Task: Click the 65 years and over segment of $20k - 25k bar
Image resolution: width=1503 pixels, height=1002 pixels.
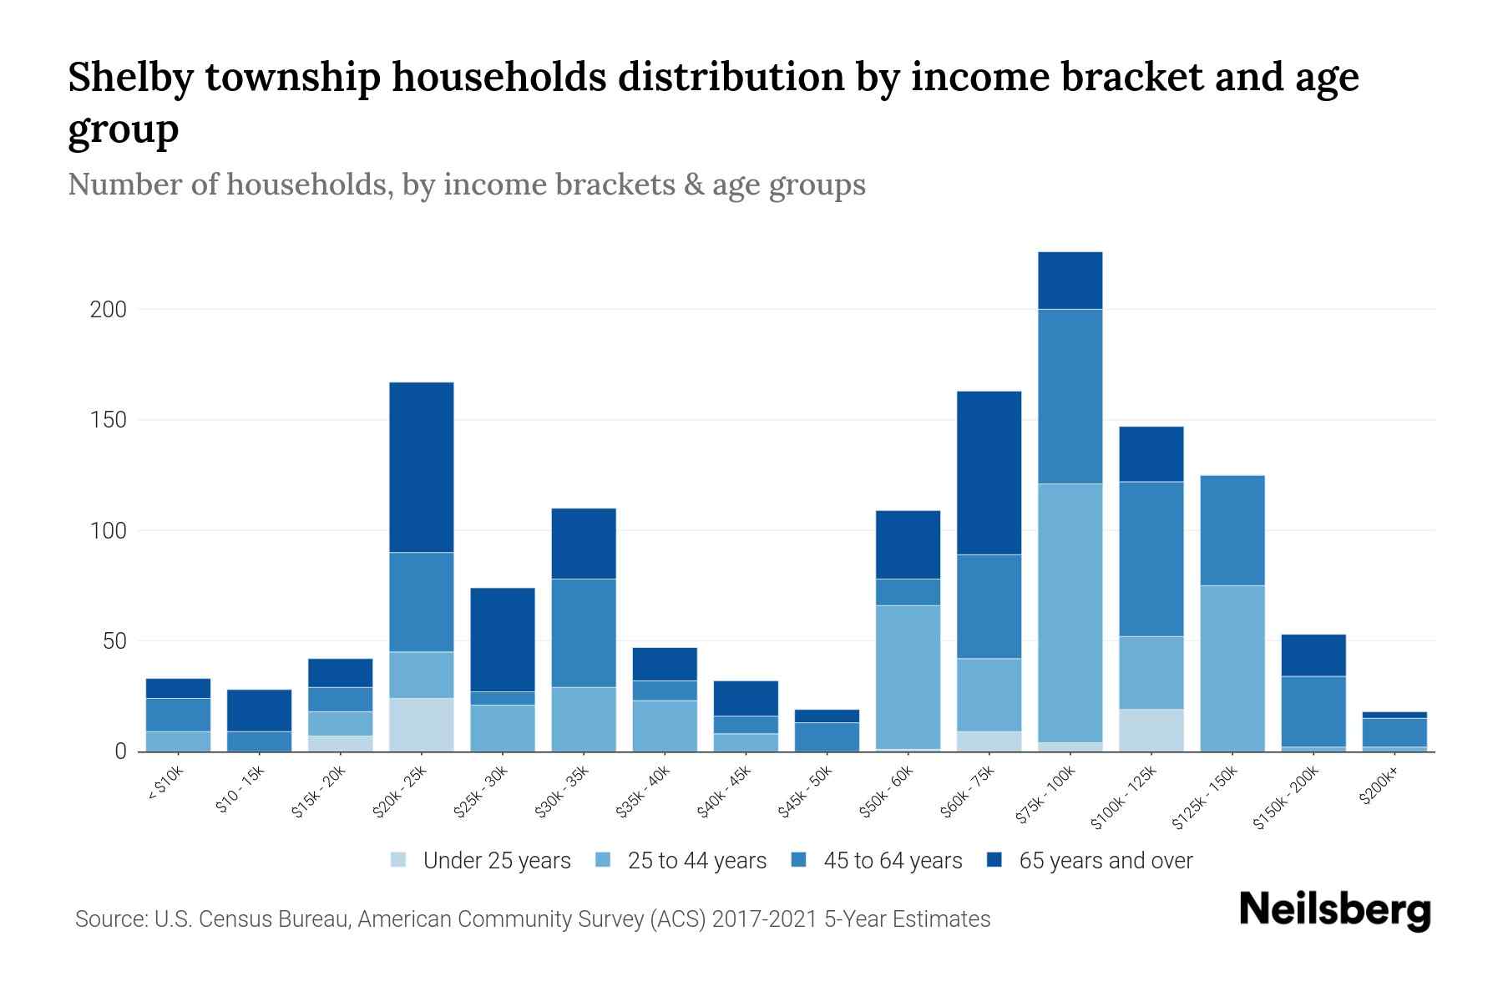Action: (x=422, y=468)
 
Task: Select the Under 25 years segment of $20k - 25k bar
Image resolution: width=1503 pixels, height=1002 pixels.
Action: (x=422, y=725)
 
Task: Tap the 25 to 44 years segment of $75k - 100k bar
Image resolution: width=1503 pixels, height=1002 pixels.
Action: (x=1070, y=613)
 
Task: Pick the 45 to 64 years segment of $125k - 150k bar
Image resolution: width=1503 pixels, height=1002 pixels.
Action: (x=1232, y=530)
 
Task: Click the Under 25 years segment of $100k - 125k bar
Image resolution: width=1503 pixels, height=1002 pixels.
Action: (x=1151, y=730)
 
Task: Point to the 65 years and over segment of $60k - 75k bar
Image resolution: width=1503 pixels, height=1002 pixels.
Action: (x=989, y=473)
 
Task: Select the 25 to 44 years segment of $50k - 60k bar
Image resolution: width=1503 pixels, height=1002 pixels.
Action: (x=908, y=676)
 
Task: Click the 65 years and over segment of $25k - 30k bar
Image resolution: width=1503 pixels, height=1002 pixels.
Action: (x=503, y=640)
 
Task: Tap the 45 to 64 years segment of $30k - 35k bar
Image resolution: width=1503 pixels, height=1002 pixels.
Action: (x=584, y=633)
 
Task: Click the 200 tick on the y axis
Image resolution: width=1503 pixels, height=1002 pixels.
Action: (x=109, y=310)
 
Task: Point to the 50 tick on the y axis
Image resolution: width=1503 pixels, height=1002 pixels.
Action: (x=114, y=641)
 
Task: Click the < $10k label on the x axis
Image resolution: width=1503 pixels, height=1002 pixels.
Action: (x=165, y=784)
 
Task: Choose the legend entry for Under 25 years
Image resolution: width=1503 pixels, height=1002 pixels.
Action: (x=496, y=861)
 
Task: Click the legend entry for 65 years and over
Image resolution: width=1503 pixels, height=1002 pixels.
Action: (x=1105, y=861)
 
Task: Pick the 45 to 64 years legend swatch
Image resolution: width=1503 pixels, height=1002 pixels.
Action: (x=799, y=860)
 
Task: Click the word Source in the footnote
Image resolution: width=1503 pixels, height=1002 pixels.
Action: (x=109, y=919)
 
